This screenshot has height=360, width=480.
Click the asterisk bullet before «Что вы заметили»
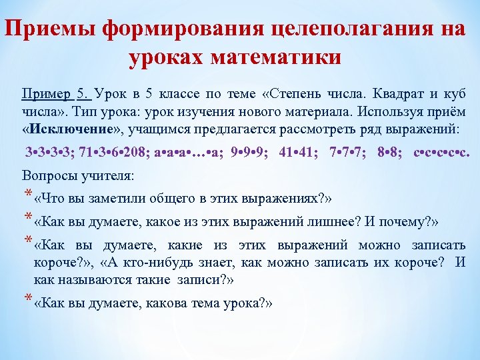27,195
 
